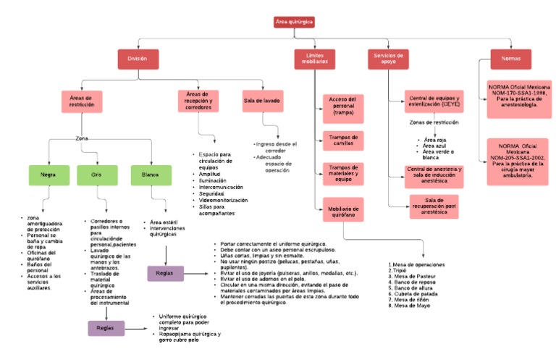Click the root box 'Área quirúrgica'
pos(294,22)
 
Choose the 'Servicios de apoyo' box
pos(389,59)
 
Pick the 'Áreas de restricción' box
pos(80,101)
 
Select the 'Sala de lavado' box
pos(261,101)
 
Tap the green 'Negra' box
pos(48,175)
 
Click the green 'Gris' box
pos(96,175)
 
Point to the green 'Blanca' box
pos(151,175)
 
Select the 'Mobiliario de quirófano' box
pos(342,212)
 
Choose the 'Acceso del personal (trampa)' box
pos(342,106)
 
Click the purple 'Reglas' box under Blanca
pos(165,273)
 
